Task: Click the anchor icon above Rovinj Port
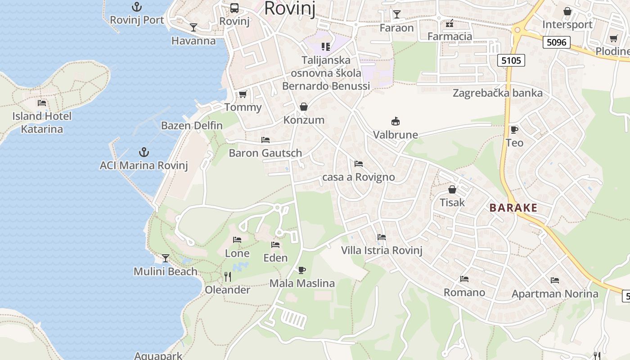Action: pyautogui.click(x=136, y=7)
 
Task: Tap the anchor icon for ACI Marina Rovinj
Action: pyautogui.click(x=144, y=152)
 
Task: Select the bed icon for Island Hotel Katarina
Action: pyautogui.click(x=42, y=103)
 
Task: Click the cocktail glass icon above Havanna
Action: pyautogui.click(x=193, y=27)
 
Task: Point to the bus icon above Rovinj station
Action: pyautogui.click(x=234, y=8)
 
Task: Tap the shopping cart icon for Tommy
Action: pyautogui.click(x=243, y=94)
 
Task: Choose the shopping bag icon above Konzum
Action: pyautogui.click(x=304, y=107)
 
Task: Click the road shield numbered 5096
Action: pyautogui.click(x=556, y=43)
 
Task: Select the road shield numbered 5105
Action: pyautogui.click(x=511, y=60)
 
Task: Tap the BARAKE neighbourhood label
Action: pyautogui.click(x=513, y=207)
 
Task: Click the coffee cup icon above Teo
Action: pyautogui.click(x=514, y=130)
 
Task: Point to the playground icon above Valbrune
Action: pyautogui.click(x=396, y=121)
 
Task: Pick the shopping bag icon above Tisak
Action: pyautogui.click(x=452, y=189)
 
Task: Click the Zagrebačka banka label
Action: pyautogui.click(x=497, y=93)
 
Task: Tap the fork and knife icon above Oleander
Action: pyautogui.click(x=228, y=276)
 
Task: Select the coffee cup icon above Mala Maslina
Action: pyautogui.click(x=302, y=270)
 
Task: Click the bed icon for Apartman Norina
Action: pyautogui.click(x=555, y=280)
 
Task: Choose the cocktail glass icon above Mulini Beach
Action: pyautogui.click(x=166, y=258)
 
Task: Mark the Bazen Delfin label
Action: pyautogui.click(x=192, y=126)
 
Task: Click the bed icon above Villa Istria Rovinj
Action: pyautogui.click(x=382, y=237)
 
